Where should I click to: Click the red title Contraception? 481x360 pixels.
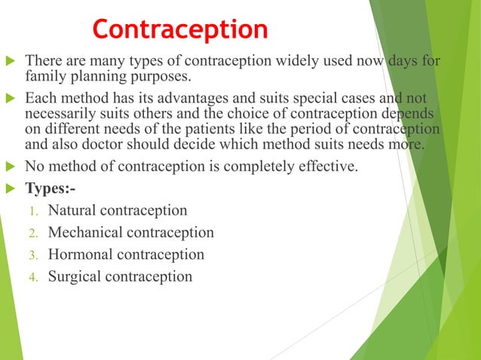180,29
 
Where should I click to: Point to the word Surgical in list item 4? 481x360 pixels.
75,276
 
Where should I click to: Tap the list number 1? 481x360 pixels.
33,211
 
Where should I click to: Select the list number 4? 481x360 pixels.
33,277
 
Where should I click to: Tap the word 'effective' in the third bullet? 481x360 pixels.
326,166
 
